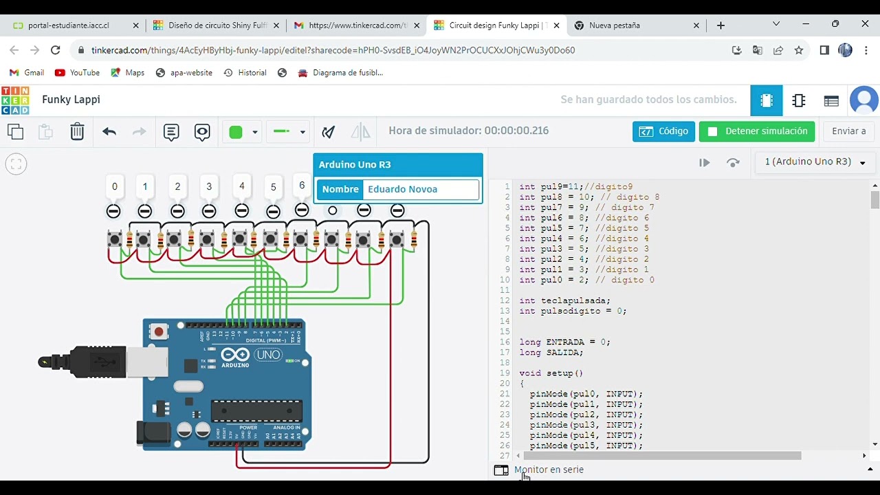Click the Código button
(663, 131)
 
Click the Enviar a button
(848, 131)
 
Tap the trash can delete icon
(77, 131)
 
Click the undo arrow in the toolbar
(109, 131)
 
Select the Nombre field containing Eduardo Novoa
(422, 189)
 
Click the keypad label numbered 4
(241, 186)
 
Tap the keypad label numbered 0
(114, 186)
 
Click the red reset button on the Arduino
(159, 332)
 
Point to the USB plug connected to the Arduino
(89, 362)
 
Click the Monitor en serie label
(549, 470)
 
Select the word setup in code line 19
(560, 373)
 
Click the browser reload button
(56, 50)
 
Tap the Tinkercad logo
(15, 100)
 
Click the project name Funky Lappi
(71, 100)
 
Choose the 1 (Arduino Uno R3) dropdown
(815, 162)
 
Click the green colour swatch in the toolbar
(236, 132)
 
